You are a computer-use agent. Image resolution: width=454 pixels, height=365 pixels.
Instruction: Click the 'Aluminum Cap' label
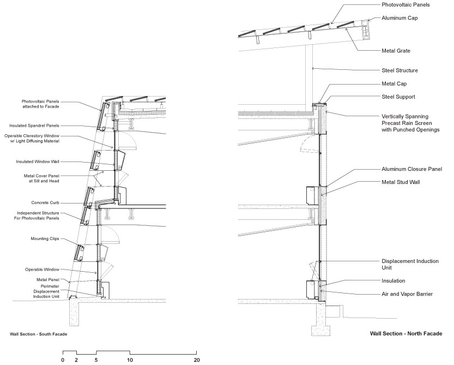tap(399, 18)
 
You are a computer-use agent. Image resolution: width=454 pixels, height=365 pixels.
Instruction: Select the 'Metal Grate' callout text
tap(396, 51)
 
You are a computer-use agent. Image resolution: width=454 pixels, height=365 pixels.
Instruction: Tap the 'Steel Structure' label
tap(399, 70)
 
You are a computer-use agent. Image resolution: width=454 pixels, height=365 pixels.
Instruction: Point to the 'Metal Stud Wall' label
tap(401, 182)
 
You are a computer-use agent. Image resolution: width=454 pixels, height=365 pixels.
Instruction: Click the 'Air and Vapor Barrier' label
tap(407, 294)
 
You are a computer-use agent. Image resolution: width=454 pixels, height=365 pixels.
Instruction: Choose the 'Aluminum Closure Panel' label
tap(411, 169)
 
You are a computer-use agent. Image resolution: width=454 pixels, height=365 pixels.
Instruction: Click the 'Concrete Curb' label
tap(45, 202)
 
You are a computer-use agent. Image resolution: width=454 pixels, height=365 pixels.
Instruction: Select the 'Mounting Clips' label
tap(45, 238)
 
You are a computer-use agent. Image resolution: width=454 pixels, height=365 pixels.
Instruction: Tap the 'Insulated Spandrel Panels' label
tap(34, 125)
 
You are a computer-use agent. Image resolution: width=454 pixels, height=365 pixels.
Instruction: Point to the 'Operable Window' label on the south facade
tap(43, 270)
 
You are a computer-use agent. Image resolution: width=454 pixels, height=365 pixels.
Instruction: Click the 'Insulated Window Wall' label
tap(38, 161)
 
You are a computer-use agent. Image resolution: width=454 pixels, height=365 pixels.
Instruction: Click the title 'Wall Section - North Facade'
tap(406, 333)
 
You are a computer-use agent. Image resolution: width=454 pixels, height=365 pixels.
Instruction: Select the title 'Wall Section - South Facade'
tap(39, 334)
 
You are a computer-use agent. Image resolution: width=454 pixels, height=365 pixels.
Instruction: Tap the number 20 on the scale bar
tap(197, 360)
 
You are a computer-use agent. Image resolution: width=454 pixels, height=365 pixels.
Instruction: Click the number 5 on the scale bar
tap(96, 360)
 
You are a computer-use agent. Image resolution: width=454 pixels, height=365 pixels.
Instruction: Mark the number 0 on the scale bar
tap(63, 360)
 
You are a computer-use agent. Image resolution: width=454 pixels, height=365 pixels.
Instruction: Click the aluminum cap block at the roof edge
tap(366, 29)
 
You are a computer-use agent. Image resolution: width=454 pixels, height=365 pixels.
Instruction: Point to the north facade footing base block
tap(320, 331)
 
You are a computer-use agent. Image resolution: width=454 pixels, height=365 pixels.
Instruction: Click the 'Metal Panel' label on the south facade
tap(48, 280)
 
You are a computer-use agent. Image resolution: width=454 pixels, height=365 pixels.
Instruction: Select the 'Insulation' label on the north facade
tap(393, 280)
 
